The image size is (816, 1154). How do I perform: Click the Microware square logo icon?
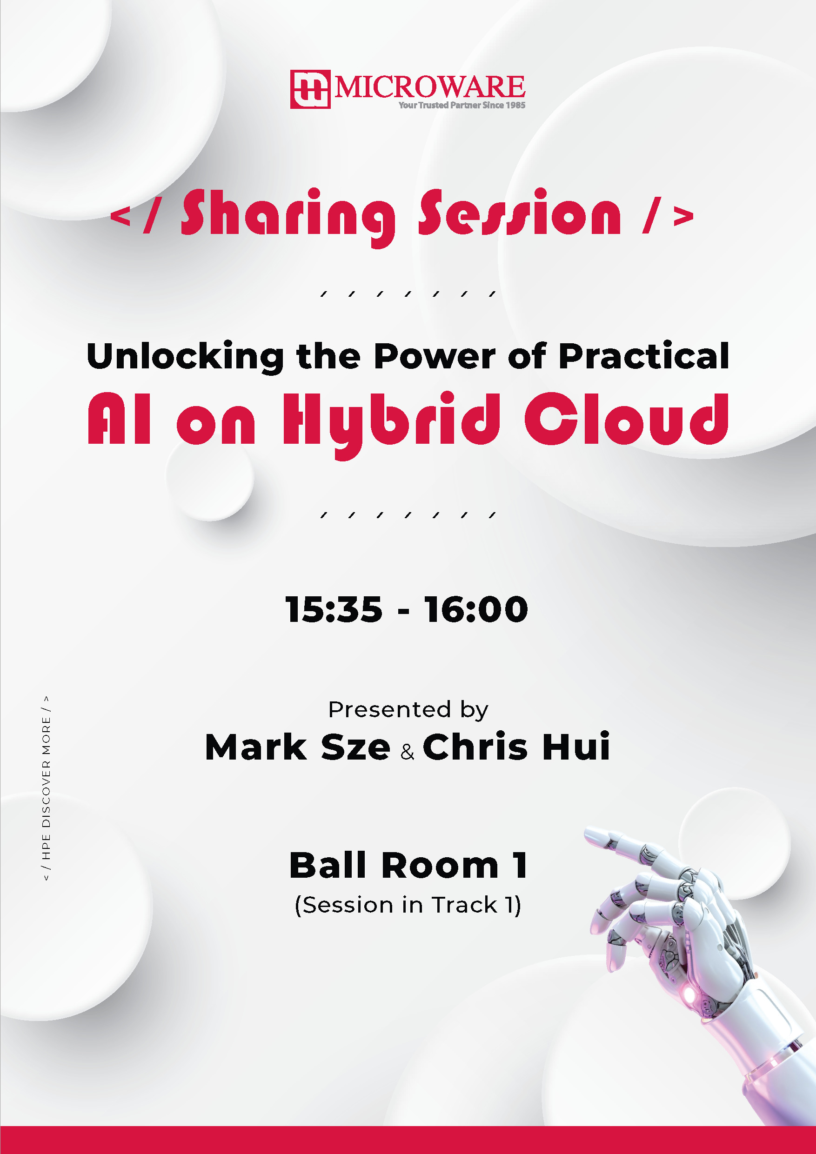coord(310,89)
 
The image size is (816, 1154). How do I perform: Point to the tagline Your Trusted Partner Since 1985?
coord(462,105)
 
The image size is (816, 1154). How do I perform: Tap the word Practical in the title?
coord(643,355)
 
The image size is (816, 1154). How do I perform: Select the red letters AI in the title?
coord(119,419)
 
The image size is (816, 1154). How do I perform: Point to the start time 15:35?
coord(334,609)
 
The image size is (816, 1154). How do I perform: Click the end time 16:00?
coord(476,609)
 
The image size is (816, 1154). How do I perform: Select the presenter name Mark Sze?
coord(298,747)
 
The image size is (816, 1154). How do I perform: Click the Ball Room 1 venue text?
coord(408,866)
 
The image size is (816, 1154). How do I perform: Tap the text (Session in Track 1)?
coord(408,905)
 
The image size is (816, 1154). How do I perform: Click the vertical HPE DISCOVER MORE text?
coord(46,788)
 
